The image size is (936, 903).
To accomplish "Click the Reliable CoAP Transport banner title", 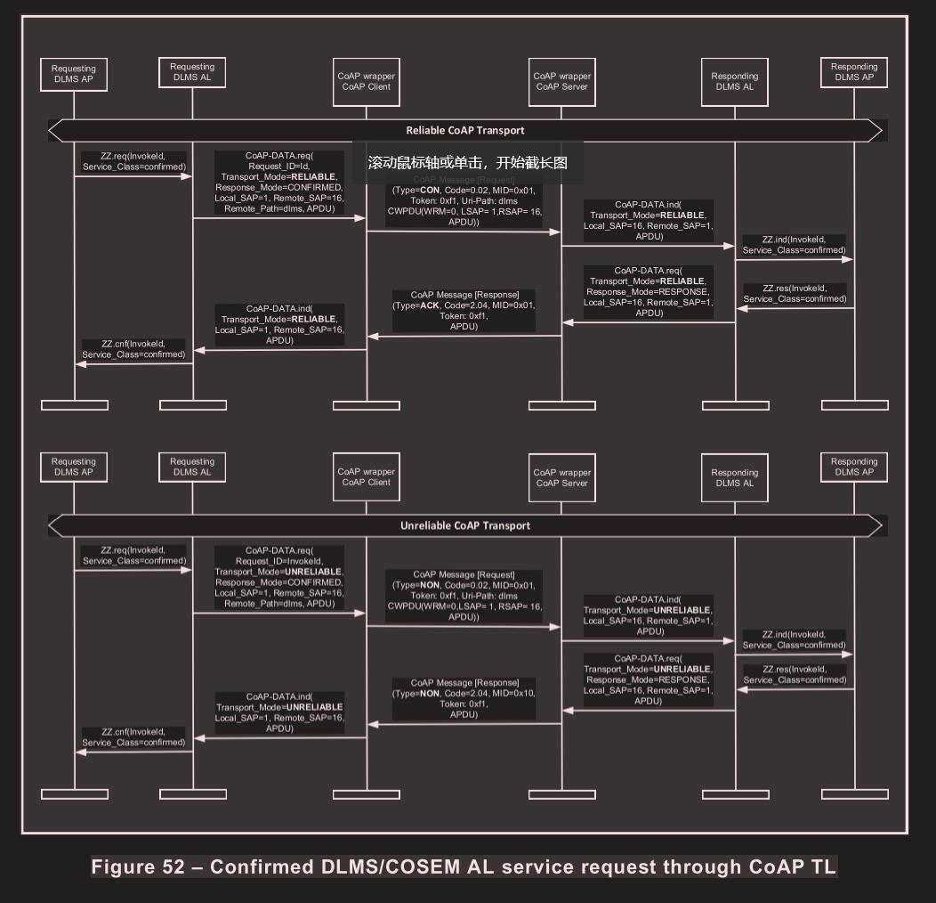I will pos(465,131).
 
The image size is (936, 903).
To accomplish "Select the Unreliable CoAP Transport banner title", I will pos(465,526).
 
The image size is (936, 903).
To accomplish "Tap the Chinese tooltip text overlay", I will pos(467,163).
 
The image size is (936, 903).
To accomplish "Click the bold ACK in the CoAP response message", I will pos(431,305).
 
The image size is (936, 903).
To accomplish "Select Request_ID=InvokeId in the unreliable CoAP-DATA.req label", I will pos(278,561).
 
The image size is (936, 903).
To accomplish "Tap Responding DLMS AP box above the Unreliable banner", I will pos(854,468).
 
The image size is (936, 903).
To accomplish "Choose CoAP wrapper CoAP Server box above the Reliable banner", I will pos(562,82).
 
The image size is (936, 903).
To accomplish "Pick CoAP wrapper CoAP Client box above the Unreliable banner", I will pos(367,477).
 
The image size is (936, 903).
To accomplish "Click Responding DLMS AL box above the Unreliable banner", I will pos(735,477).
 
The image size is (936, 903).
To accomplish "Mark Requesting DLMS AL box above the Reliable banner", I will pos(192,72).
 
